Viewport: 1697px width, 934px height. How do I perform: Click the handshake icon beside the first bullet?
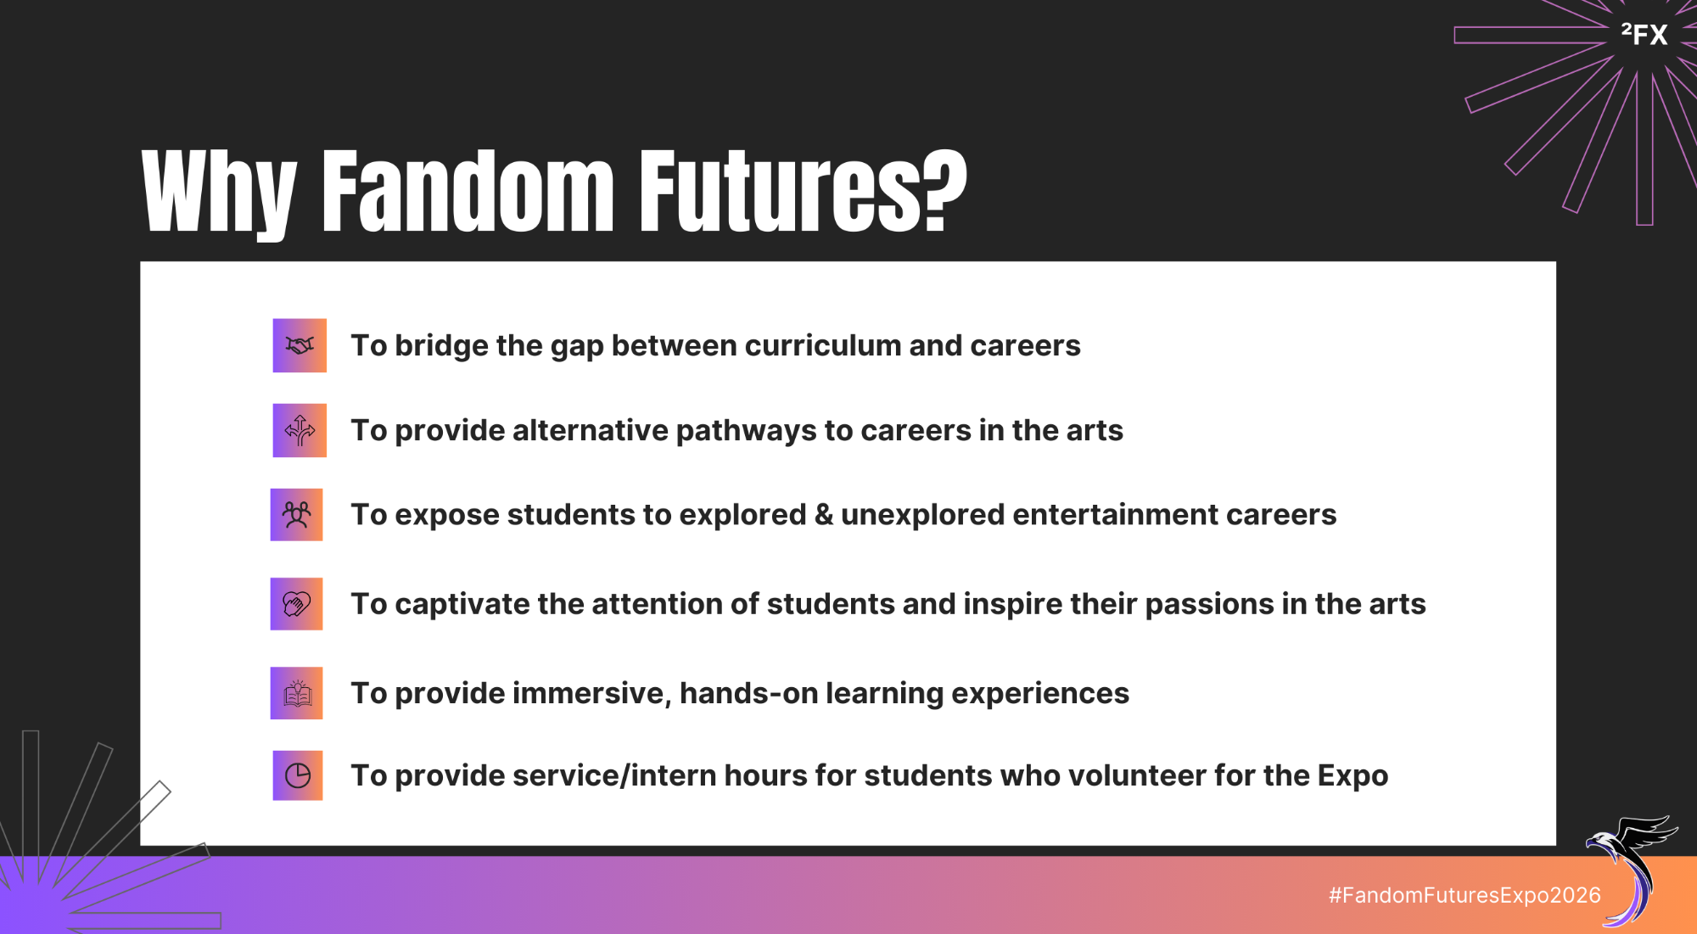(x=300, y=345)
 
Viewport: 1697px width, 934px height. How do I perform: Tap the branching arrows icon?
(x=300, y=430)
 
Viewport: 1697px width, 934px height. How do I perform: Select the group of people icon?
(x=297, y=515)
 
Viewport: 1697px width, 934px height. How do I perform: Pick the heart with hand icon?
(x=297, y=604)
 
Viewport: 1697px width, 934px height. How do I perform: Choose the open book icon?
(x=297, y=693)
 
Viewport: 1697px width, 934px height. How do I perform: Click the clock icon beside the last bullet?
(x=298, y=775)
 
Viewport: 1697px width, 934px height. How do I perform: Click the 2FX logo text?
(x=1644, y=34)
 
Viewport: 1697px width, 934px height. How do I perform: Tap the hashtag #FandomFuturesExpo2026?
(x=1465, y=895)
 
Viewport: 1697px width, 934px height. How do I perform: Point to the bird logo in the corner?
(x=1631, y=870)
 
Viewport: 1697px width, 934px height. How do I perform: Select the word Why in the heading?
(x=219, y=194)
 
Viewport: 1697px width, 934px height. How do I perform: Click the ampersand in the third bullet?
(x=824, y=515)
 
